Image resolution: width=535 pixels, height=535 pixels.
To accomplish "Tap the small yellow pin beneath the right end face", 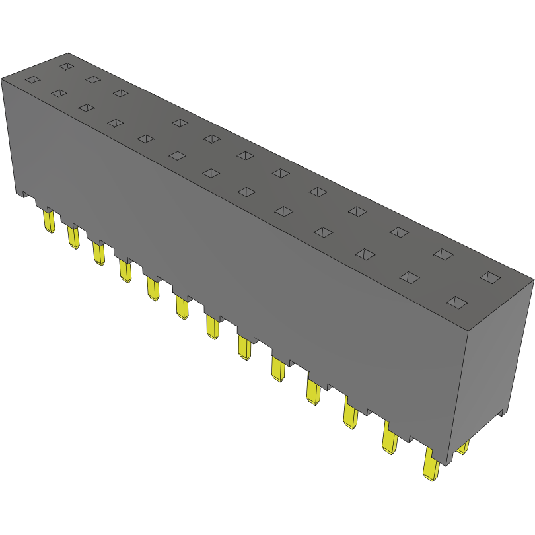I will point(463,448).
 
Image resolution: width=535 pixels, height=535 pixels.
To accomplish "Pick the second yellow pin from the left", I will point(72,236).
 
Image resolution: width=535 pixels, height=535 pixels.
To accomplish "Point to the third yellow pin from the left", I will point(98,253).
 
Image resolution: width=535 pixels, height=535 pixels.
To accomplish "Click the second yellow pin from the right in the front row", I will point(389,439).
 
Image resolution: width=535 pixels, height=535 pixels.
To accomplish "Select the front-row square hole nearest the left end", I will point(32,81).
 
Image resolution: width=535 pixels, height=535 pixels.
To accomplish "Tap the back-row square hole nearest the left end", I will point(66,66).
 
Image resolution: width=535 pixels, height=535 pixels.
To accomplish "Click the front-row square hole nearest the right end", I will point(456,303).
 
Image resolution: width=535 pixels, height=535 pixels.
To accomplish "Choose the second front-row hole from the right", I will point(410,277).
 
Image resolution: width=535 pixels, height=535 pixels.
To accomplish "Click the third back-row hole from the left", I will point(120,93).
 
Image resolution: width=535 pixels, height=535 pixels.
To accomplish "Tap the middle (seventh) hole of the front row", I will point(210,173).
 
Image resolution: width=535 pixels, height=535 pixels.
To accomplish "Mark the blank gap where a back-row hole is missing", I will point(149,107).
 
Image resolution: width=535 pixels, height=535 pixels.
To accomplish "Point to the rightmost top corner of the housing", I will point(532,279).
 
